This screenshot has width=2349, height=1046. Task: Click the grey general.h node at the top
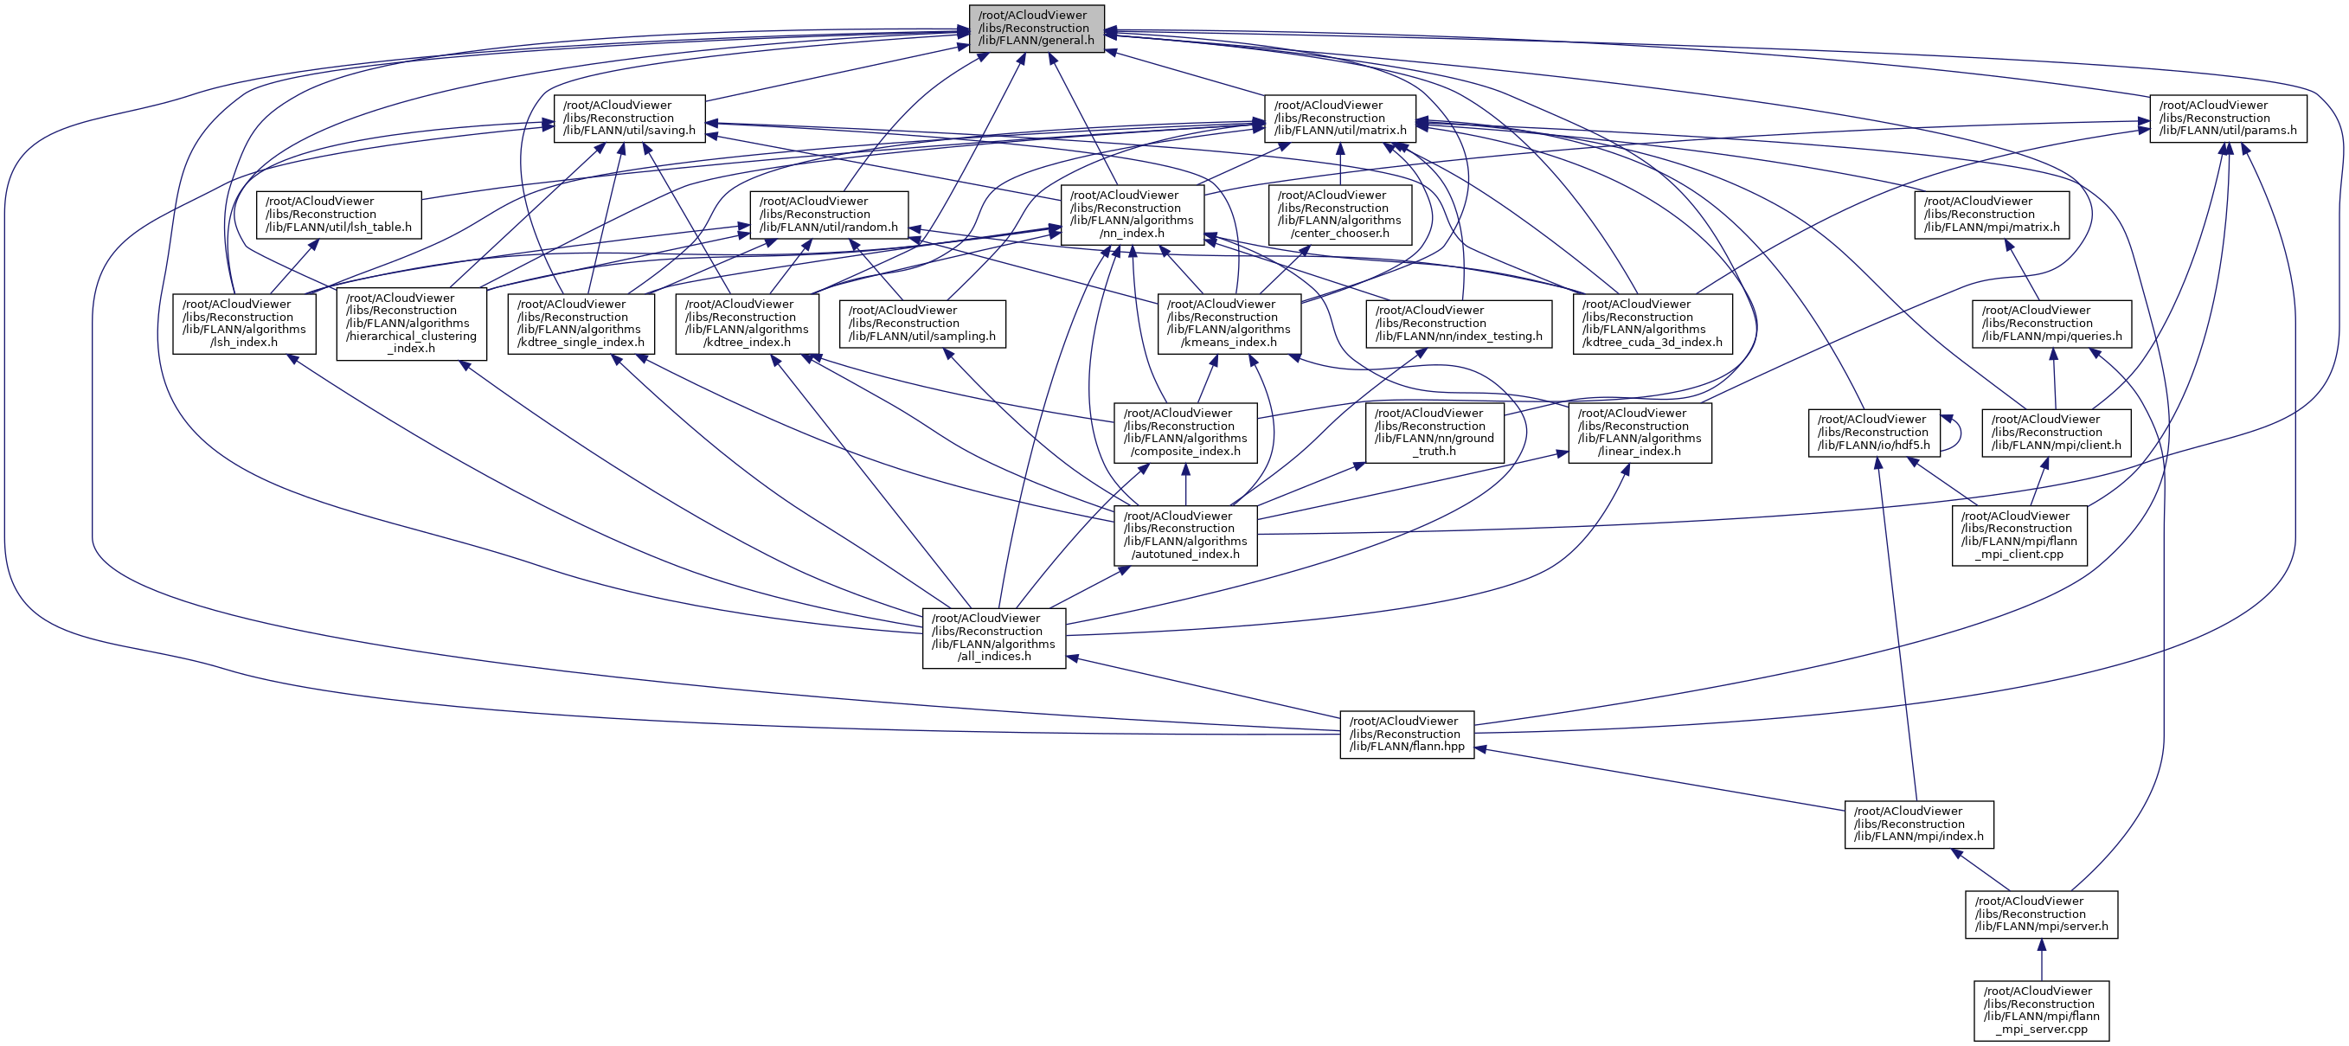tap(1036, 29)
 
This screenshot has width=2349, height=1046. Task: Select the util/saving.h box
tap(629, 119)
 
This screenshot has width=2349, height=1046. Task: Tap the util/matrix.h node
tap(1339, 119)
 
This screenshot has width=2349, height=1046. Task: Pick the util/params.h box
tap(2228, 119)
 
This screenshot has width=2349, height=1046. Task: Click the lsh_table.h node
tap(338, 215)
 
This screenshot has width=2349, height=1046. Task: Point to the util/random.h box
tap(828, 215)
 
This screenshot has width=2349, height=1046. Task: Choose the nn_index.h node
tap(1132, 215)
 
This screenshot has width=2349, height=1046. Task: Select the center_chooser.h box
tap(1339, 215)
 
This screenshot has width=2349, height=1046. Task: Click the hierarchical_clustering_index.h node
tap(410, 324)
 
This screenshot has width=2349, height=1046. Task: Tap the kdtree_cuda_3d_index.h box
tap(1652, 324)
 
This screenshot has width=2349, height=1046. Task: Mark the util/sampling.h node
tap(922, 324)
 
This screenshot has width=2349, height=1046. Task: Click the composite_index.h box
tap(1184, 433)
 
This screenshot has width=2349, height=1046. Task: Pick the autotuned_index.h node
tap(1184, 536)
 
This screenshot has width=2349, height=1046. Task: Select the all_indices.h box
tap(993, 638)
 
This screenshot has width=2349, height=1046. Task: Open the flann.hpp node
tap(1406, 735)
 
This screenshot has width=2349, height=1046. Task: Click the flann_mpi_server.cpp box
tap(2041, 1011)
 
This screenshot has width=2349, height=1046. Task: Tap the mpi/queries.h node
tap(2051, 324)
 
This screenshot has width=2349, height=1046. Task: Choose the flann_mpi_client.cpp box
tap(2018, 536)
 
